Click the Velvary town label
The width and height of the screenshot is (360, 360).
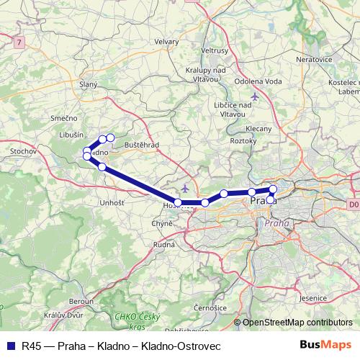coord(166,42)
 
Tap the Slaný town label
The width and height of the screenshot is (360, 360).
coord(89,84)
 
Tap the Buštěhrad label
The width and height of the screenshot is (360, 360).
coord(141,145)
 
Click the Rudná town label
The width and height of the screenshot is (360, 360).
coord(164,245)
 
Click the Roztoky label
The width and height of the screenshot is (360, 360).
coord(243,141)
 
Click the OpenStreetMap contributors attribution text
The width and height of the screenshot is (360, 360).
coord(297,323)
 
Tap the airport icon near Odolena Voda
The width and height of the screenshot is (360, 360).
coord(253,96)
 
